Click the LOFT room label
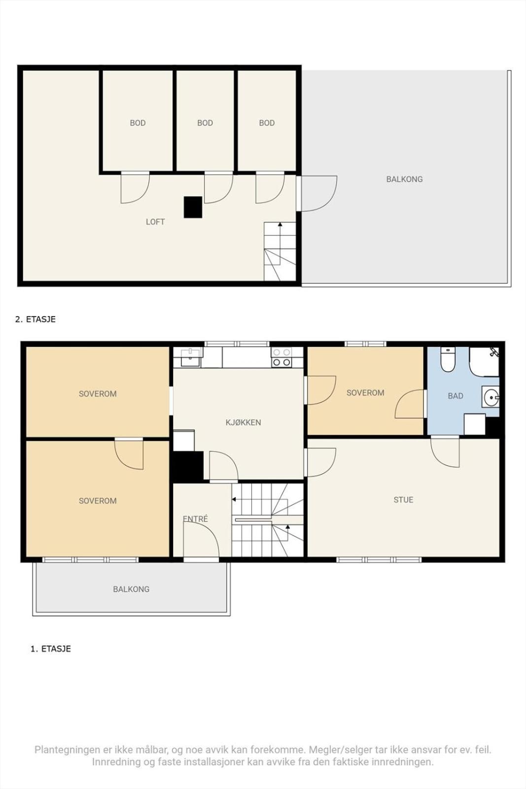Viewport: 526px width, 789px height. (x=155, y=222)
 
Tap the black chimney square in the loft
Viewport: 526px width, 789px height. (x=193, y=207)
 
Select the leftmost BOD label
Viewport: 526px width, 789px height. (x=138, y=123)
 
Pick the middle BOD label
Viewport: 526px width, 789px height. (x=205, y=123)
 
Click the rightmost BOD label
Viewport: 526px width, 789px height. (x=267, y=123)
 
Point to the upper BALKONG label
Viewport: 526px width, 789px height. (x=405, y=179)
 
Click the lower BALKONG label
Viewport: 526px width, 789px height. (x=131, y=589)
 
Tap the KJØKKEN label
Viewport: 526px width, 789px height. (x=244, y=422)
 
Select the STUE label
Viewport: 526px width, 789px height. (x=403, y=500)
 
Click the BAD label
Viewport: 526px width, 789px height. (x=456, y=396)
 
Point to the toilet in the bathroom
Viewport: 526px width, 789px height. (x=448, y=359)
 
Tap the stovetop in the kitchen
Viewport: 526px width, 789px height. (x=281, y=357)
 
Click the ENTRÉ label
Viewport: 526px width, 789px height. (x=195, y=519)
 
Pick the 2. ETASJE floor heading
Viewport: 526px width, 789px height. (x=35, y=320)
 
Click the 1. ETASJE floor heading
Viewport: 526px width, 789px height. (x=51, y=649)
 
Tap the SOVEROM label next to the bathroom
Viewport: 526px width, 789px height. (x=365, y=393)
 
